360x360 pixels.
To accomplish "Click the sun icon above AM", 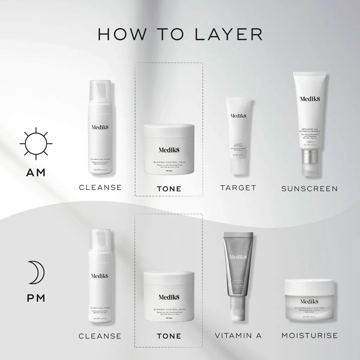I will pos(36,144).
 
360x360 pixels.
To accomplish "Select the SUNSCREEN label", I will pos(309,189).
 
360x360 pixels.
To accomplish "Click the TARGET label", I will pos(238,188).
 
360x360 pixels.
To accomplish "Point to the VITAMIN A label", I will pos(238,335).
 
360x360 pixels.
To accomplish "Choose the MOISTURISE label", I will pos(309,335).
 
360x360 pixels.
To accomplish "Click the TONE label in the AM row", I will pos(169,189).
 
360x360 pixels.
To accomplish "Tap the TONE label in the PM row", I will pos(169,336).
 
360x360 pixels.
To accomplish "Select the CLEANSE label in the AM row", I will pos(100,187).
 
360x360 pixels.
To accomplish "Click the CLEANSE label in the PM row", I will pos(100,336).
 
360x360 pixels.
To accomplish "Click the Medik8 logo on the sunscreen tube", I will pos(310,98).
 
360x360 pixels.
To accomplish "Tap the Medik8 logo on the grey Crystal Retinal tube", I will pos(238,257).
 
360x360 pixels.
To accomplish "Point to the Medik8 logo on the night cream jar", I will pos(309,301).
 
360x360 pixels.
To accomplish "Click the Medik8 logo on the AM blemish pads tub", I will pos(169,149).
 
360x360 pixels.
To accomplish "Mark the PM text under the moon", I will pos(36,298).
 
